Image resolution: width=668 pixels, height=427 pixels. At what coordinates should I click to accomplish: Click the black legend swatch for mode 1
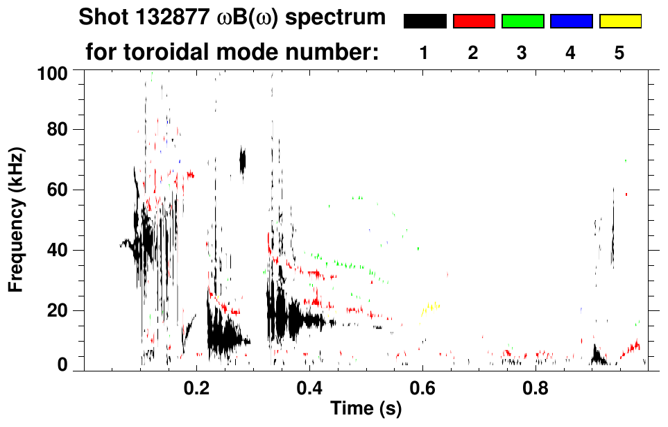[425, 22]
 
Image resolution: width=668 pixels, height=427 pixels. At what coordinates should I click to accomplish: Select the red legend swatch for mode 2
[474, 22]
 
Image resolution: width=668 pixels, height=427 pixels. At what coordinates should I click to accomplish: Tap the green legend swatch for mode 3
[522, 22]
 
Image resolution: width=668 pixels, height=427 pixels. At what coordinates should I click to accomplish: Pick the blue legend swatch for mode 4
[571, 22]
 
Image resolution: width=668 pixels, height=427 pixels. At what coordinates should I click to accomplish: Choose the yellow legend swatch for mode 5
[619, 22]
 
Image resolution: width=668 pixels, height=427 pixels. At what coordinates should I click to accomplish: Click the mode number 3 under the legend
[522, 53]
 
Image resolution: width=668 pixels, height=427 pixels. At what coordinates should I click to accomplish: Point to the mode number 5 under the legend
[619, 53]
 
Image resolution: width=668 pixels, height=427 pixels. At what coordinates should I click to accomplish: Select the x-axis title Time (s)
[366, 409]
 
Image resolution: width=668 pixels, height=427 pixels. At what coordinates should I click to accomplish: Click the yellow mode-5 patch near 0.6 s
[430, 308]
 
